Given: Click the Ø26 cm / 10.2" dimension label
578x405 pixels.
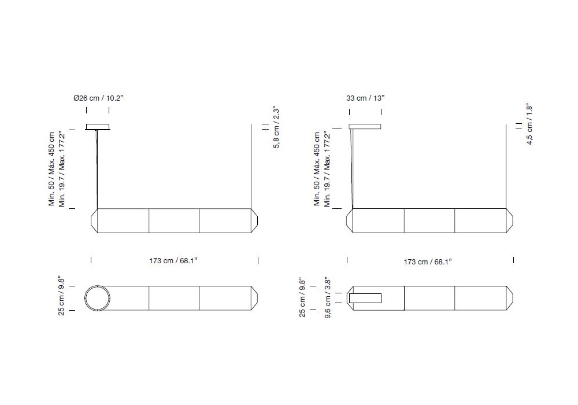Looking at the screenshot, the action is point(98,98).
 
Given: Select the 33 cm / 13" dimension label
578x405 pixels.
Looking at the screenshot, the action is point(365,98).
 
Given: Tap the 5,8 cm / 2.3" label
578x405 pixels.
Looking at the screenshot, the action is point(276,127).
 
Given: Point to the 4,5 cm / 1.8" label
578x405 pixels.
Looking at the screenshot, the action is point(529,124).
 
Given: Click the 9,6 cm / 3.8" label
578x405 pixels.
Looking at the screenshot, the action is point(328,299).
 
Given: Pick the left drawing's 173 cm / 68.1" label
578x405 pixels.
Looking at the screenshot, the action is point(173,261).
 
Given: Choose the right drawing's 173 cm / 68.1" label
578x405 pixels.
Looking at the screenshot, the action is point(428,262).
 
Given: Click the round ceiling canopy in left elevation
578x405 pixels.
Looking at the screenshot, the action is point(98,127).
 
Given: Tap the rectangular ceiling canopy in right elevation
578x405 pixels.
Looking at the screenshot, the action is point(365,127).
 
